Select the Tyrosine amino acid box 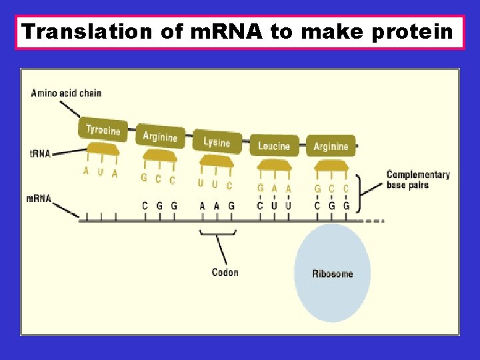(x=103, y=130)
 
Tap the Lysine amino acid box (x=216, y=142)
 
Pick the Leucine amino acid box (x=274, y=146)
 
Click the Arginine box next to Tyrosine (x=160, y=137)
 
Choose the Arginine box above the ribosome (x=331, y=146)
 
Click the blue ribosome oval (x=332, y=273)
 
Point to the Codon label (x=225, y=272)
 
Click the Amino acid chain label (x=66, y=93)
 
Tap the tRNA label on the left (x=40, y=153)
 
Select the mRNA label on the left (x=39, y=198)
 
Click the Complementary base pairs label (x=418, y=179)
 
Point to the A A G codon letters (x=217, y=206)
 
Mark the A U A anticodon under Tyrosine (x=100, y=173)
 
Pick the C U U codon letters (x=274, y=206)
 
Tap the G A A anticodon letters (x=274, y=188)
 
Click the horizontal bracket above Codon (x=218, y=233)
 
